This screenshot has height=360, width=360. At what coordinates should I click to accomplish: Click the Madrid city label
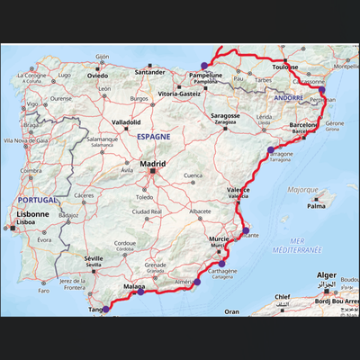(x=152, y=164)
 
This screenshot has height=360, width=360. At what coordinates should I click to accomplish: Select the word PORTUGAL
(x=39, y=199)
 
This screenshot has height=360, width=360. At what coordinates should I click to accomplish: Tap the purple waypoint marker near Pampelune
(x=205, y=65)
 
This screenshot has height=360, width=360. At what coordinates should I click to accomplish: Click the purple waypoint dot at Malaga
(x=140, y=292)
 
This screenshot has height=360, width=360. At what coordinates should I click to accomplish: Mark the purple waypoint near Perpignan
(x=321, y=90)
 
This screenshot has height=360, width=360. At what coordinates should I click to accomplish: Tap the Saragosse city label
(x=225, y=116)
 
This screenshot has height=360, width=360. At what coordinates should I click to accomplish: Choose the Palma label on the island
(x=316, y=206)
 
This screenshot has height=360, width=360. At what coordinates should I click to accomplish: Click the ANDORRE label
(x=289, y=96)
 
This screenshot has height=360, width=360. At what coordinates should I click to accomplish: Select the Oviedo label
(x=97, y=76)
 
